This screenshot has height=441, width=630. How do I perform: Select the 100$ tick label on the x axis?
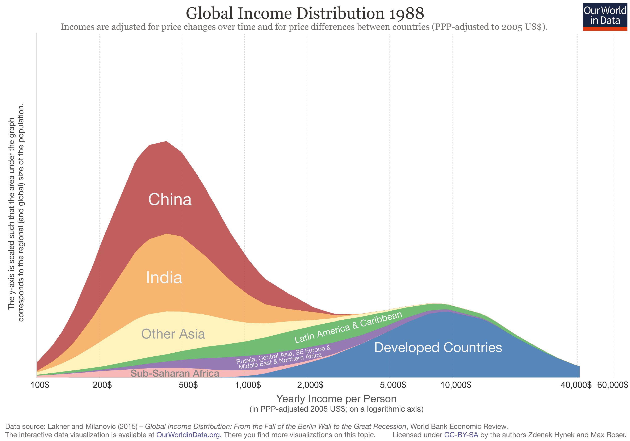click(40, 385)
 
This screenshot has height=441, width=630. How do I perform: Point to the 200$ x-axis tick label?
click(102, 385)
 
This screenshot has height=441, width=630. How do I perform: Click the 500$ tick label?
click(188, 385)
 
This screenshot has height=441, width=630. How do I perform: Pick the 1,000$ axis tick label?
click(248, 385)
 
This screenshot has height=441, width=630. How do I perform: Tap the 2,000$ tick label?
click(311, 385)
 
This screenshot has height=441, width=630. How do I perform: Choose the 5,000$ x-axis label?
click(393, 385)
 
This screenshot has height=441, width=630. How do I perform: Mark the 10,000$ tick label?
click(456, 385)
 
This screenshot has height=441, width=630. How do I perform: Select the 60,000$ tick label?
click(612, 385)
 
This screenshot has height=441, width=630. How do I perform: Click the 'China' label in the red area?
click(170, 199)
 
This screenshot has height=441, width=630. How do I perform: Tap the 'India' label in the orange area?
click(164, 277)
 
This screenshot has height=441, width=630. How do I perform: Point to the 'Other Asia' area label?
click(173, 334)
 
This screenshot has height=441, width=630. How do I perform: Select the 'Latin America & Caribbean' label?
click(348, 327)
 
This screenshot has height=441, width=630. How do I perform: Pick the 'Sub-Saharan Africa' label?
click(175, 373)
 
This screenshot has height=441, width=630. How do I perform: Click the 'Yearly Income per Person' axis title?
click(336, 398)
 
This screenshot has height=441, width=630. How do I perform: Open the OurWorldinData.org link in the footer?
click(189, 435)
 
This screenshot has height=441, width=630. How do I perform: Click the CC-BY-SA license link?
click(461, 435)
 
